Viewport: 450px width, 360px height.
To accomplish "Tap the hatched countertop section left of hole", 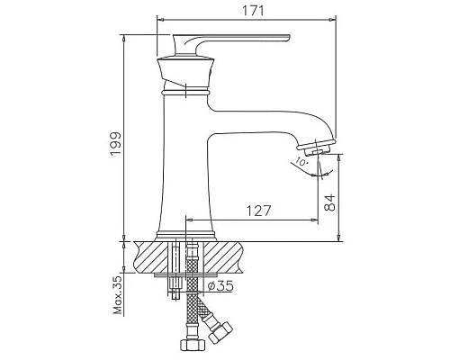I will (148, 256).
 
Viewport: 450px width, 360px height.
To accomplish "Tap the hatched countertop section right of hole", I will (225, 256).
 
